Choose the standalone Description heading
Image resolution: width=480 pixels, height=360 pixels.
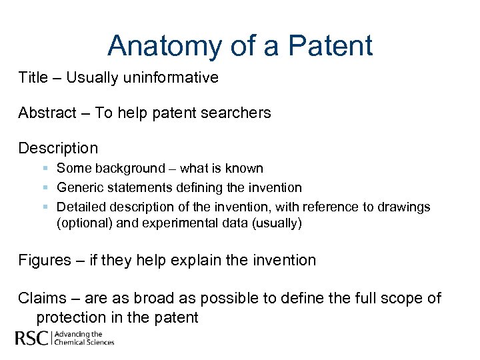click(x=58, y=148)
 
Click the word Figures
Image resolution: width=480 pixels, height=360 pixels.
click(x=44, y=260)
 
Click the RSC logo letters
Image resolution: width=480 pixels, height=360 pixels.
click(x=32, y=339)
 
